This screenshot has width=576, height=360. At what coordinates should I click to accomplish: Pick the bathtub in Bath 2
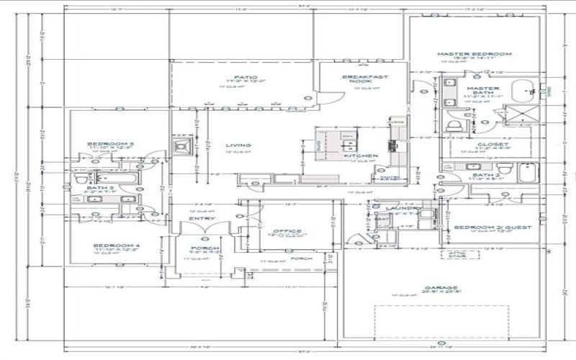[x=527, y=174]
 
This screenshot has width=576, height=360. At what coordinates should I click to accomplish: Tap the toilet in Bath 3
[x=81, y=179]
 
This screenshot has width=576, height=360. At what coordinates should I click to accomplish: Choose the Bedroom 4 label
[x=112, y=246]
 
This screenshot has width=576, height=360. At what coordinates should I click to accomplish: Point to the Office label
[x=287, y=231]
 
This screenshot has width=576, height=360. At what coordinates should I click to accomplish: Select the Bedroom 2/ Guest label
[x=492, y=227]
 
